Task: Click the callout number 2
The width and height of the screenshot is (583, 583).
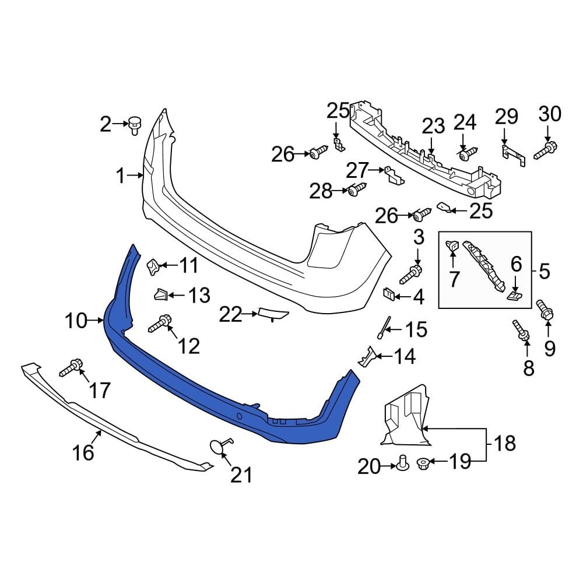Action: coord(105,124)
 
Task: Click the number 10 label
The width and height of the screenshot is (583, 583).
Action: coord(76,321)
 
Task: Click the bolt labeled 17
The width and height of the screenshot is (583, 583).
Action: coord(71,368)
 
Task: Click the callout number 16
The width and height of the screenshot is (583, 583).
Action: coord(83,451)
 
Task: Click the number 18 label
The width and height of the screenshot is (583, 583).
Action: coord(505,444)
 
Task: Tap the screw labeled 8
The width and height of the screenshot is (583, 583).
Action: coord(521,330)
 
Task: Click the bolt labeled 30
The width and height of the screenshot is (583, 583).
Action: coord(545,149)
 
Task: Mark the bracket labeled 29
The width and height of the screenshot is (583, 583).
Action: coord(512,153)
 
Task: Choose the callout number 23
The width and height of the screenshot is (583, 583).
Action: coord(433,126)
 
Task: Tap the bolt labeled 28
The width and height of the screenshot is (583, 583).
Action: coord(357,190)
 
